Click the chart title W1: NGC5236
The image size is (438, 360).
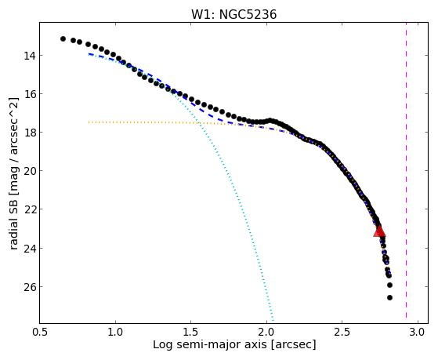(233, 14)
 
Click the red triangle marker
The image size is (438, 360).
(379, 231)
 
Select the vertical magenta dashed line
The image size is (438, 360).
(406, 170)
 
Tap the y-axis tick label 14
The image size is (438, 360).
(29, 56)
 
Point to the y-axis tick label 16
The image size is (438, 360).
(29, 94)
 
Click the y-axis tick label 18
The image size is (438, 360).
(29, 133)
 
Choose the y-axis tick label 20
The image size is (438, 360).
(29, 171)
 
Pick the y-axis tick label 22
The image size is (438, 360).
(29, 209)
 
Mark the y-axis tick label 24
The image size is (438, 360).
(29, 248)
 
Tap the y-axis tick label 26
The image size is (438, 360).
(29, 287)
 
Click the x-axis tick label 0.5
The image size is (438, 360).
(39, 332)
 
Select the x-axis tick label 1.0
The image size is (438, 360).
(115, 332)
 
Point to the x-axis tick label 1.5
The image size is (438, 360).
(190, 332)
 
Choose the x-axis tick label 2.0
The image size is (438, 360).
(266, 332)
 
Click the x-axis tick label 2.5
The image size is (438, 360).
(342, 332)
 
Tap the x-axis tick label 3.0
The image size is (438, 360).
(418, 332)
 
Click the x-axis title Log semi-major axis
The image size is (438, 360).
(210, 344)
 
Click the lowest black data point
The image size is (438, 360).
(389, 297)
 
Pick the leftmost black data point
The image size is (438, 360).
(63, 38)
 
